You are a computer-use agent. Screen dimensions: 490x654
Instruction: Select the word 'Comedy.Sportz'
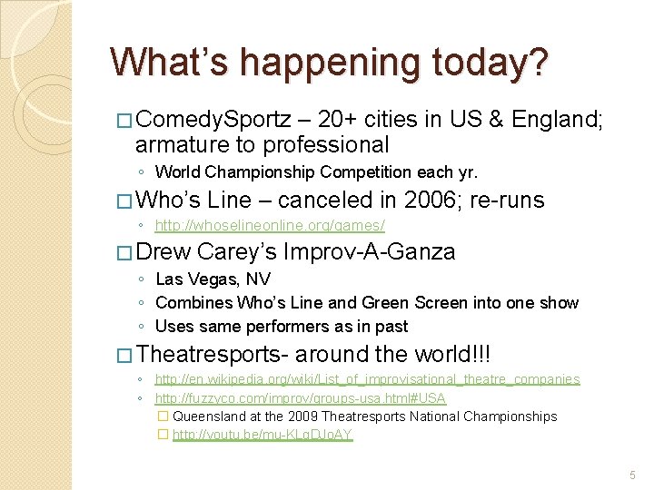pyautogui.click(x=213, y=120)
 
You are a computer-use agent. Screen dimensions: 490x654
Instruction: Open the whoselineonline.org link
pyautogui.click(x=270, y=225)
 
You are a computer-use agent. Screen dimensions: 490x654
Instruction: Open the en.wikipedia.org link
pyautogui.click(x=367, y=379)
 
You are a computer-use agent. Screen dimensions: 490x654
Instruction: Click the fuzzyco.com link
pyautogui.click(x=301, y=398)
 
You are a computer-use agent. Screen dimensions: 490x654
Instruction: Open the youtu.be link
pyautogui.click(x=263, y=435)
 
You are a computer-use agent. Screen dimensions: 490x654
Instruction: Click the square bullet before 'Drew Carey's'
pyautogui.click(x=126, y=252)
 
